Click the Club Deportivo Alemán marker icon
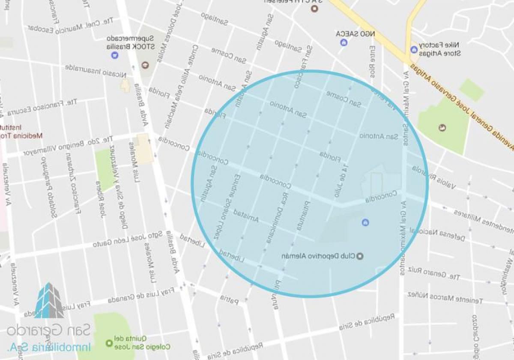point(359,256)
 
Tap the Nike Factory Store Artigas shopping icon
point(414,49)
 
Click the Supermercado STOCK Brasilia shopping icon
point(114,55)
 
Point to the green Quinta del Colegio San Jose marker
point(109,343)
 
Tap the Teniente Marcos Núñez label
point(445,297)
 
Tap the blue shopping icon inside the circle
point(365,222)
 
